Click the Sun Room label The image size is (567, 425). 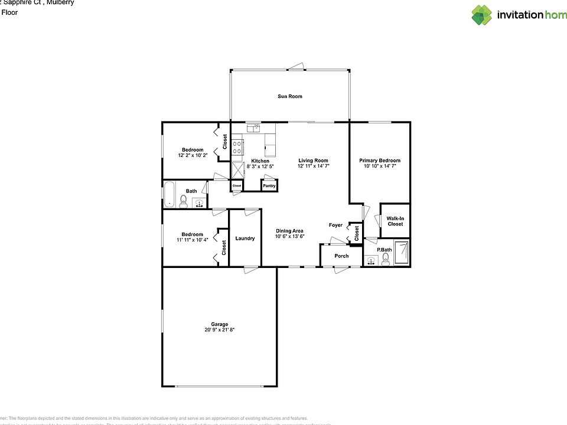(290, 96)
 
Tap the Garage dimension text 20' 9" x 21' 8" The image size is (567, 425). (220, 330)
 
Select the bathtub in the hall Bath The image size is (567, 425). (170, 194)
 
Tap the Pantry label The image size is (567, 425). (269, 186)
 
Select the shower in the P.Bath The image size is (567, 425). (402, 253)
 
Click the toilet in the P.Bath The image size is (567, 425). (386, 260)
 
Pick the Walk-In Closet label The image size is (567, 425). (395, 221)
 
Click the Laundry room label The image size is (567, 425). (245, 238)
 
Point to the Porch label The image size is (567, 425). (341, 256)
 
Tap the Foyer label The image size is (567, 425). (335, 225)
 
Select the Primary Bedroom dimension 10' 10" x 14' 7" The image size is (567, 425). (380, 166)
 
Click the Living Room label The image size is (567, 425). (313, 161)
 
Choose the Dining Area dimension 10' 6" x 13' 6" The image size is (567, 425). (289, 236)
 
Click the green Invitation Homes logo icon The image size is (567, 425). (481, 15)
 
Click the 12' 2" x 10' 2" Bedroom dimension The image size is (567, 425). (193, 155)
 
